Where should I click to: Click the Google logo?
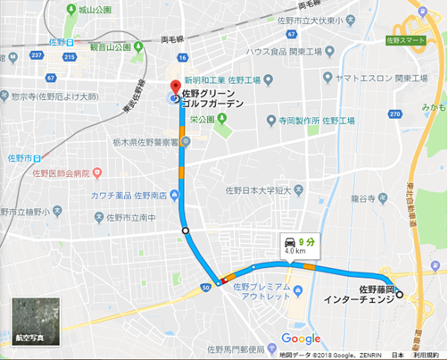coord(301,339)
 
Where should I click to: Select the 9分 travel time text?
coord(309,240)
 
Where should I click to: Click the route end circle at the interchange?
coord(400,294)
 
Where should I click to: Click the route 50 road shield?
coord(205,286)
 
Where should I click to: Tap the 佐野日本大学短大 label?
coord(268,189)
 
